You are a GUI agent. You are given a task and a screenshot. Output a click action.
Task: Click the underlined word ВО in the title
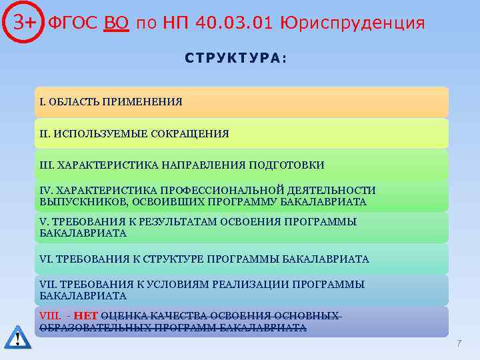(117, 23)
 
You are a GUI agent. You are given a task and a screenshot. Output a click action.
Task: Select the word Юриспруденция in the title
(353, 23)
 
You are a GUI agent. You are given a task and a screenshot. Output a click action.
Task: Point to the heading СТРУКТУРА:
(236, 58)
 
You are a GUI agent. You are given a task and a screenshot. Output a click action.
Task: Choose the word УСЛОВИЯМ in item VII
(176, 284)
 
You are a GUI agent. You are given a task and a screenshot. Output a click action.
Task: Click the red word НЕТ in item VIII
(85, 316)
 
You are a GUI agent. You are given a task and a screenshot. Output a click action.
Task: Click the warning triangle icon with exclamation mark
(17, 337)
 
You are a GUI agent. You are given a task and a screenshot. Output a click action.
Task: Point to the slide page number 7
(459, 343)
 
